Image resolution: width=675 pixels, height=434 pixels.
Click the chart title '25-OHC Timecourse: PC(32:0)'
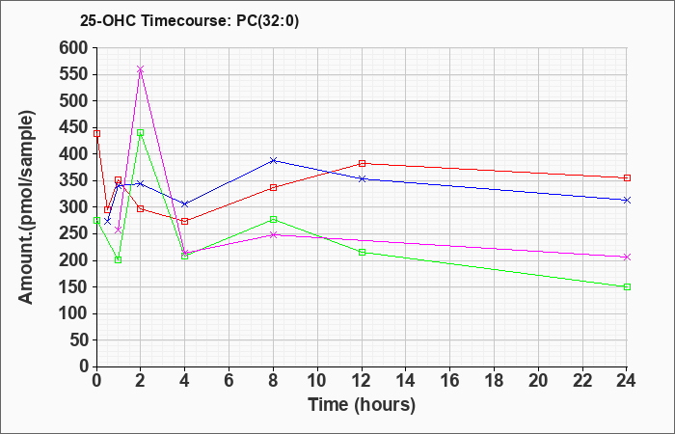pos(189,21)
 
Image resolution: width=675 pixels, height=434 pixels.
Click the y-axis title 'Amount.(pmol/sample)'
pos(27,207)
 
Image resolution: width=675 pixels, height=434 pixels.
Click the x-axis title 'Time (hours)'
pos(362,405)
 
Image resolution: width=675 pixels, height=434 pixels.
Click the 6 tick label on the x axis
pos(229,381)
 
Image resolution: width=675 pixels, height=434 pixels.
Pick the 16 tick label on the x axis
pos(449,381)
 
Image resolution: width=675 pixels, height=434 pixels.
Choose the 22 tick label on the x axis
pos(582,381)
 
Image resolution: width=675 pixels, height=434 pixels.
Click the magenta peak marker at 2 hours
pos(141,69)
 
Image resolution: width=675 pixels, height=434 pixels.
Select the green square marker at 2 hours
pos(141,133)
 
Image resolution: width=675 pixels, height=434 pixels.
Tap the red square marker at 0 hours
pos(96,133)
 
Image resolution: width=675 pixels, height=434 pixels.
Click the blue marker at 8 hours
pos(273,161)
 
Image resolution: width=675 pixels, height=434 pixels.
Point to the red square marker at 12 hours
pos(362,163)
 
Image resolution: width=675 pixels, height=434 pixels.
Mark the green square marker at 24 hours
pos(627,286)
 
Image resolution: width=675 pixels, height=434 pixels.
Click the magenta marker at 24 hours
pos(627,258)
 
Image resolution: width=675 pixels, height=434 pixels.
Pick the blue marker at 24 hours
pos(627,201)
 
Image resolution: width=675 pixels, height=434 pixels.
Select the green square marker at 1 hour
pos(119,259)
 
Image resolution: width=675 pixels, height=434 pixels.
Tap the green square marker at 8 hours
pos(273,220)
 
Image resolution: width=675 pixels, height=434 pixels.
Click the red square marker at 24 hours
pos(627,177)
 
